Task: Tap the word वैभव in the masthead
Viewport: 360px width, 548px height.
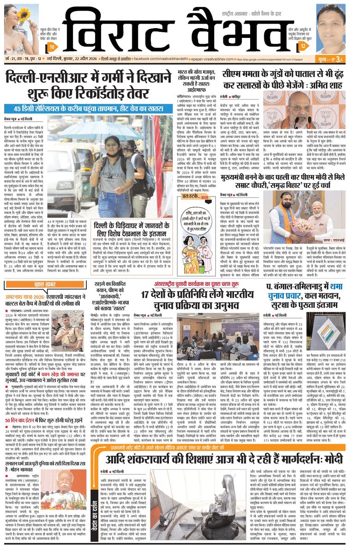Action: (x=235, y=29)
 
